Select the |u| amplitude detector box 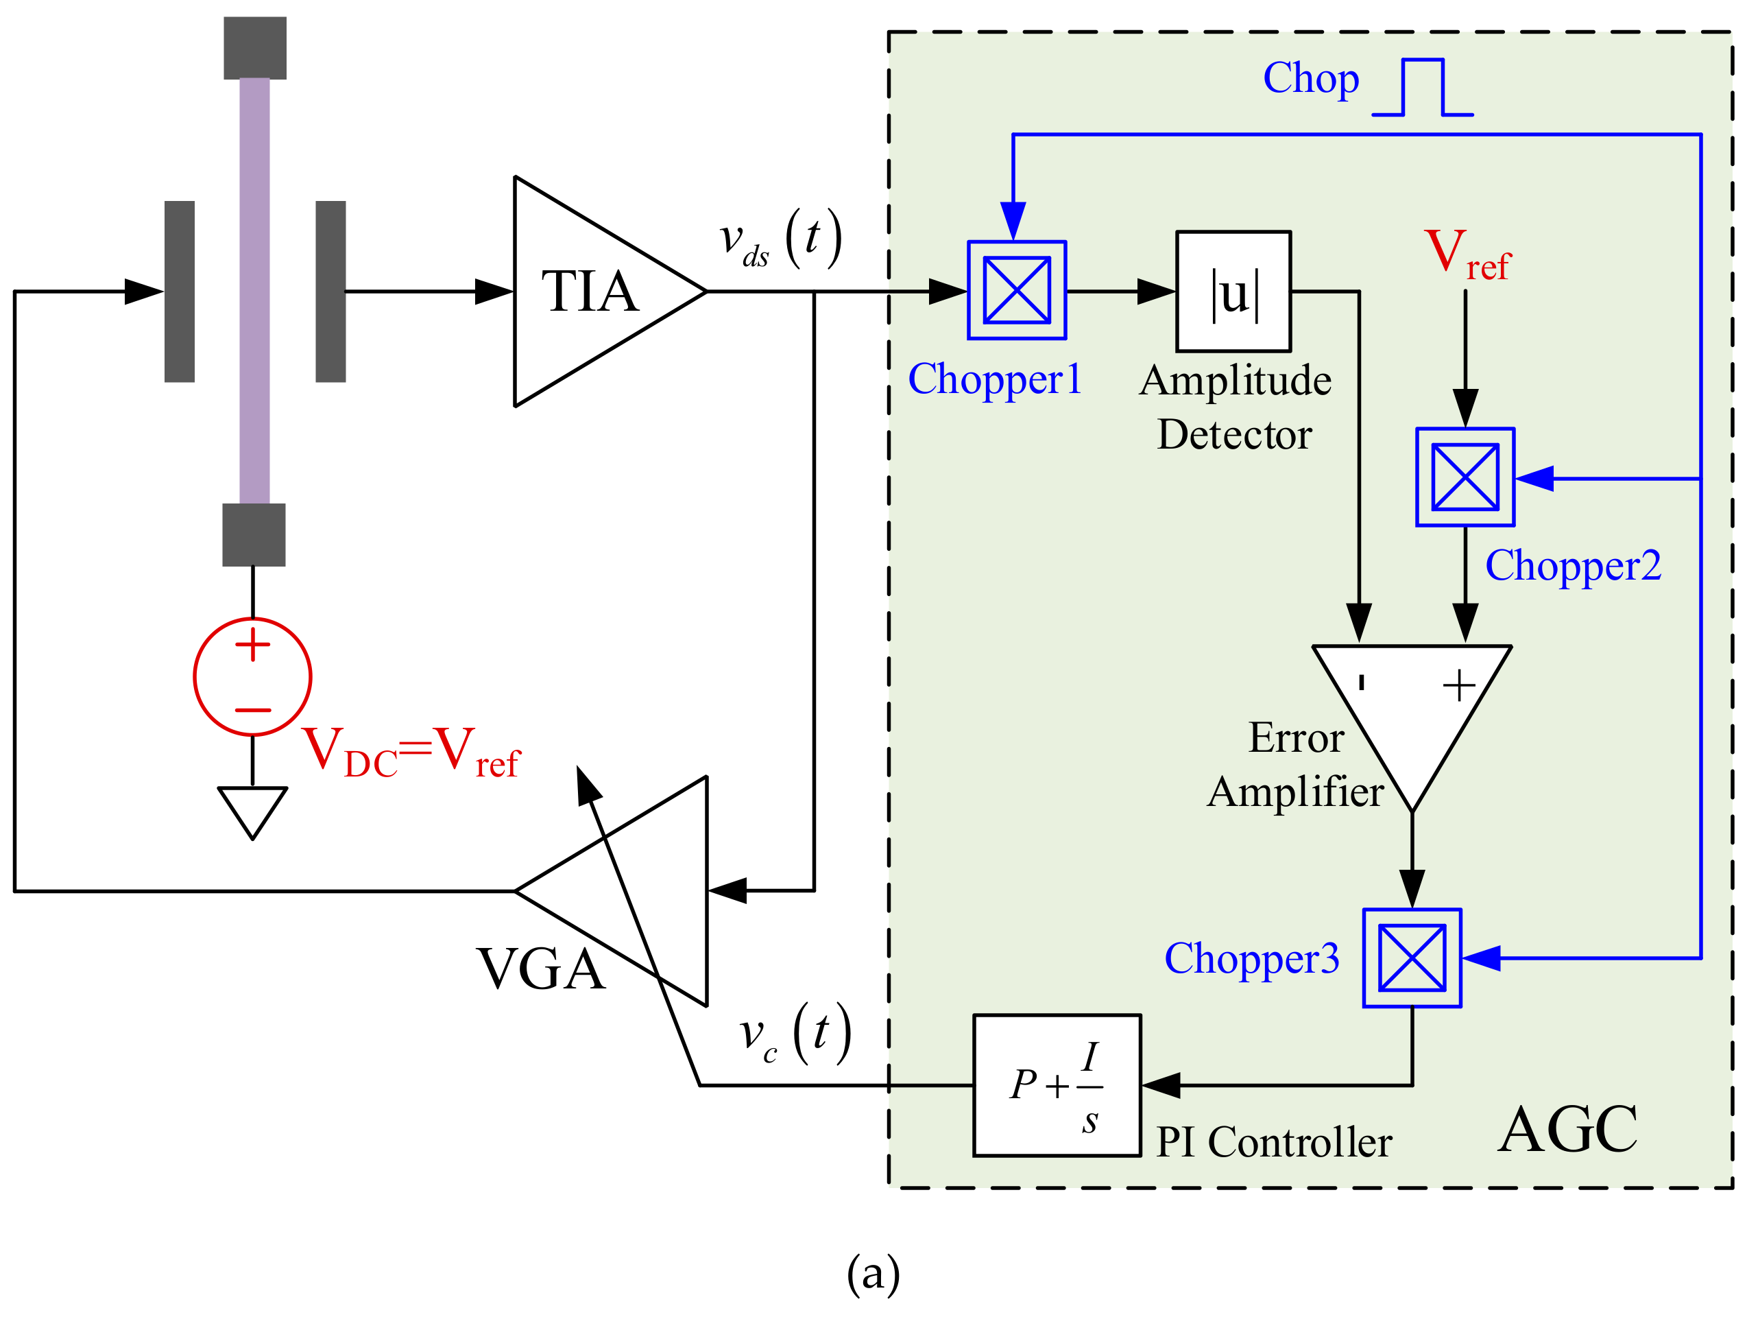point(1233,292)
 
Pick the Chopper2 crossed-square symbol point(1465,477)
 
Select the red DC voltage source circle point(253,676)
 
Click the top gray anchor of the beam point(254,47)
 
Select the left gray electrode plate point(179,292)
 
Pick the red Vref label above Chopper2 point(1467,254)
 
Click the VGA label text point(541,969)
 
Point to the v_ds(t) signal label point(780,239)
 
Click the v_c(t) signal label point(795,1034)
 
